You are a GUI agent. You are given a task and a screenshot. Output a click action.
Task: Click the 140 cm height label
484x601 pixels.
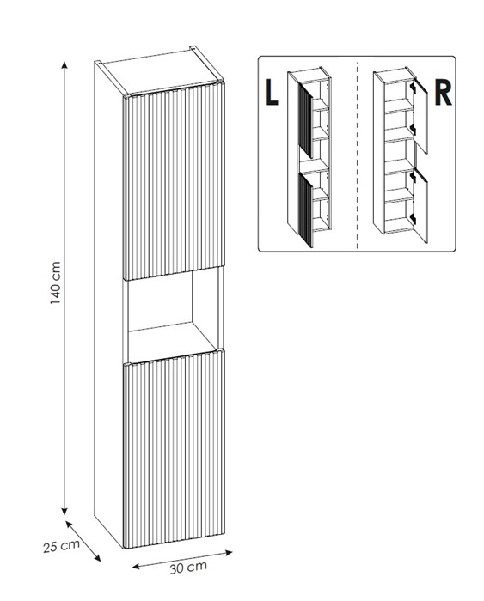pyautogui.click(x=55, y=282)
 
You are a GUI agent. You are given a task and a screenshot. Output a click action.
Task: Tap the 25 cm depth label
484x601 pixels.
pyautogui.click(x=61, y=546)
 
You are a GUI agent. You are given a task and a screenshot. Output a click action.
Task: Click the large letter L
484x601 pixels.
pyautogui.click(x=272, y=93)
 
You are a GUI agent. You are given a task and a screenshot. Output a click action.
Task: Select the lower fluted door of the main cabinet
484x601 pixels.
pyautogui.click(x=174, y=449)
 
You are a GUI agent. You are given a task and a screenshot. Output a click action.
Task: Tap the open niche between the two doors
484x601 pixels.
pyautogui.click(x=173, y=315)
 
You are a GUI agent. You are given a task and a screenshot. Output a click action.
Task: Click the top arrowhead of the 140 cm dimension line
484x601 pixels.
pyautogui.click(x=64, y=64)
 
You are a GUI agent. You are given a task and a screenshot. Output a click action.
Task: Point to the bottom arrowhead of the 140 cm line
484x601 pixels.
pyautogui.click(x=64, y=512)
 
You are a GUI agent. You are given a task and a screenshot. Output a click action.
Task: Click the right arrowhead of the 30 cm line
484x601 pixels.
pyautogui.click(x=229, y=553)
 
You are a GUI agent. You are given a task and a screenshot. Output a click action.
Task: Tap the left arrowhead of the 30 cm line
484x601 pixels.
pyautogui.click(x=136, y=566)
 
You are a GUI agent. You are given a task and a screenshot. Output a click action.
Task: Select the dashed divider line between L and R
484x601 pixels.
pyautogui.click(x=358, y=155)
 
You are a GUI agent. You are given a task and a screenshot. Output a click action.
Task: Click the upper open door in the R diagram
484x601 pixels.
pyautogui.click(x=420, y=116)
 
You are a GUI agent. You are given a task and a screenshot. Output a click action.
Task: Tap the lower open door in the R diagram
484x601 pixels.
pyautogui.click(x=420, y=205)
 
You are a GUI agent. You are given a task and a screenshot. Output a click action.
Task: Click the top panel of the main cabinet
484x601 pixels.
pyautogui.click(x=160, y=71)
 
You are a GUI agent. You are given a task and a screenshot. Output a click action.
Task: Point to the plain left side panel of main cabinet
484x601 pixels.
pyautogui.click(x=108, y=303)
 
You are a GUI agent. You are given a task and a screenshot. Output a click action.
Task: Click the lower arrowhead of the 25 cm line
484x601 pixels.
pyautogui.click(x=97, y=558)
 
